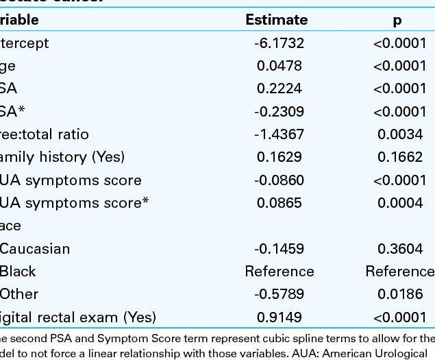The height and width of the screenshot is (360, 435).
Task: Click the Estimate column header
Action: click(x=277, y=21)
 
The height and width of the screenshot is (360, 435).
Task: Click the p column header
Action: click(x=397, y=21)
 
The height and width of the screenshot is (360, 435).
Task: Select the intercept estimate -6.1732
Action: click(x=279, y=43)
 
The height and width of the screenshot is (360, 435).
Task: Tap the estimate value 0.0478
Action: click(x=279, y=66)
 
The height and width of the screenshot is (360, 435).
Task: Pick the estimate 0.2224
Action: click(x=279, y=88)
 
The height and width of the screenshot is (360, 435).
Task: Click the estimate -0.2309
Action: click(x=279, y=112)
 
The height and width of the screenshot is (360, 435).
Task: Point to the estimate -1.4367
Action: click(x=279, y=134)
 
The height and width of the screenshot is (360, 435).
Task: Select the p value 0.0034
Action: click(x=401, y=134)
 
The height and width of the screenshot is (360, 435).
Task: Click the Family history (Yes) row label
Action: click(x=62, y=157)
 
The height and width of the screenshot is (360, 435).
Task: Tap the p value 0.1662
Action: click(x=401, y=157)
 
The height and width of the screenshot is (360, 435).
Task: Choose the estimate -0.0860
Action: click(x=279, y=180)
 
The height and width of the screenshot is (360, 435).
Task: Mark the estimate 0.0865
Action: click(x=279, y=203)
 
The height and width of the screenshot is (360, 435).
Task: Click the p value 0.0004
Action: click(x=401, y=203)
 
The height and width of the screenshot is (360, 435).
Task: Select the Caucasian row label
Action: click(x=35, y=248)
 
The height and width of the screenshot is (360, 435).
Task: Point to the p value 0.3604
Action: click(x=401, y=248)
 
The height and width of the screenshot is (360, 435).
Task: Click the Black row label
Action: click(x=18, y=271)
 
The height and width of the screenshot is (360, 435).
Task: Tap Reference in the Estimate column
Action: click(x=279, y=271)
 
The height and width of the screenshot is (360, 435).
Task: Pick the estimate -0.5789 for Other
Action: click(x=279, y=294)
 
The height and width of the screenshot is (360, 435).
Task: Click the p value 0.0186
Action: click(x=401, y=294)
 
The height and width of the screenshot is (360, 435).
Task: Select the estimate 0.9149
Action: click(x=279, y=317)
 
